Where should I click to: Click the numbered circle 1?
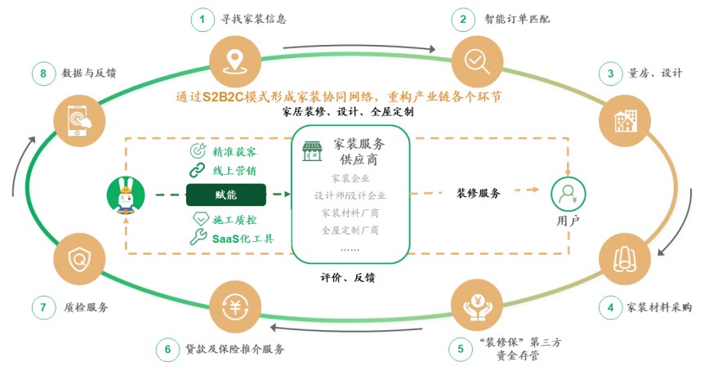tap(202, 20)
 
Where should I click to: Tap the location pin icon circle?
tap(235, 62)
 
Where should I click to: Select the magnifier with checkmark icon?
tap(477, 62)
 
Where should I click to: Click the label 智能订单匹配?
tap(517, 20)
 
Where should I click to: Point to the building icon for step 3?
tap(625, 121)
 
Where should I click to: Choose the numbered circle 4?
tap(611, 307)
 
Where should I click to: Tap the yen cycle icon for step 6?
tap(235, 307)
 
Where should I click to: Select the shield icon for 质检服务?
tap(79, 259)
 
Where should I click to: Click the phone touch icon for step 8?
tap(79, 121)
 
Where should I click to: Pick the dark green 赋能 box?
tap(226, 195)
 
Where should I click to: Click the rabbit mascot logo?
tap(126, 196)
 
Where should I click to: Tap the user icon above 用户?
tap(568, 194)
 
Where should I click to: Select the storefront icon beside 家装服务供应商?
tap(312, 151)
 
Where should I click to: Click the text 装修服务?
tap(479, 193)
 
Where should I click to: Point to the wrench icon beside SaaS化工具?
tap(198, 237)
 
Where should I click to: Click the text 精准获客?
tap(234, 152)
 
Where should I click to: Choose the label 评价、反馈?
tap(348, 278)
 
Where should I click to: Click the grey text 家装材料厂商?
tap(350, 213)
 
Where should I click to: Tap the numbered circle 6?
tap(167, 349)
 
